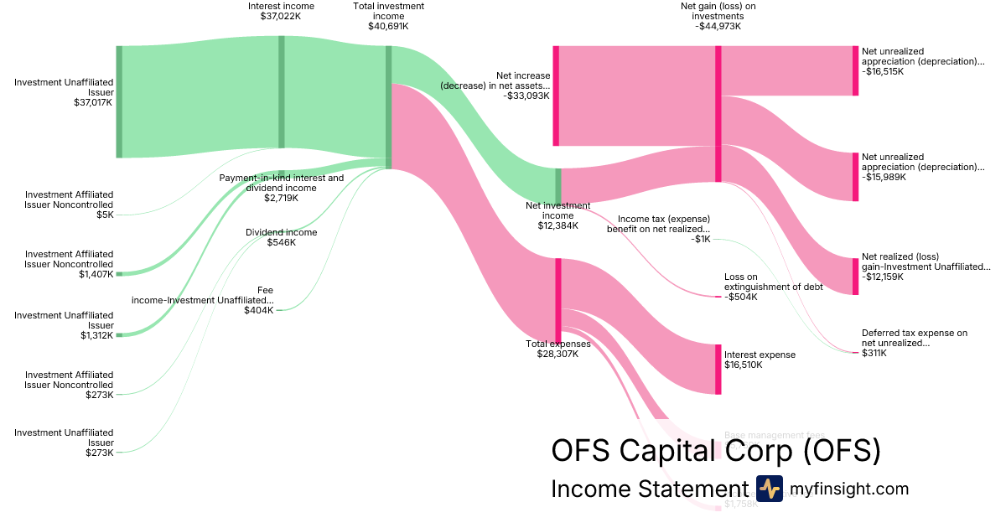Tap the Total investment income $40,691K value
point(388,26)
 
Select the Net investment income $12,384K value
point(557,226)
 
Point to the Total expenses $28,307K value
point(557,354)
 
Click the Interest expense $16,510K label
point(760,355)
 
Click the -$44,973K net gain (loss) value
point(718,26)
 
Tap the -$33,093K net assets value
point(526,96)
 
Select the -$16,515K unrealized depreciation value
point(883,72)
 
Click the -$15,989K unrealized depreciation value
point(883,177)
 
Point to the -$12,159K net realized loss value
point(883,277)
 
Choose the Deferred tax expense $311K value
point(875,353)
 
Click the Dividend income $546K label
point(281,232)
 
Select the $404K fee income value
point(260,310)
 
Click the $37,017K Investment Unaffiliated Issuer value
point(93,102)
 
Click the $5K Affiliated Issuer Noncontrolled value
point(105,215)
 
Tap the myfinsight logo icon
point(770,489)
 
